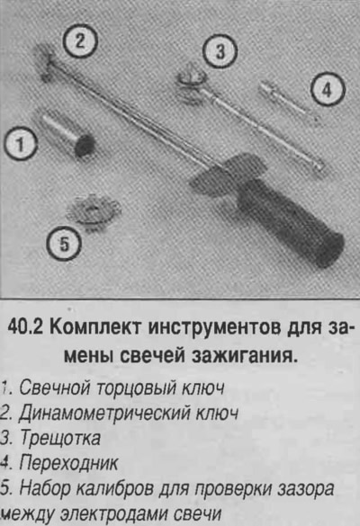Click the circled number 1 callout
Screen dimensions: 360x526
[x=21, y=144]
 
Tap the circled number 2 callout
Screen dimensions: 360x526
[x=80, y=41]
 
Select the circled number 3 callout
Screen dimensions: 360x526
[x=220, y=51]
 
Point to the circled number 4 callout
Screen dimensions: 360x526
[x=328, y=90]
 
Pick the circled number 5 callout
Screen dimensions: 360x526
[x=64, y=243]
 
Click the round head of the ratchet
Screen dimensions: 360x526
[x=190, y=83]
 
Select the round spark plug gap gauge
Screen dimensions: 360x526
[x=93, y=211]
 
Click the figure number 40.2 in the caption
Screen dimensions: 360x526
[x=25, y=326]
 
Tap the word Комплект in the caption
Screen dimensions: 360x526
[x=94, y=326]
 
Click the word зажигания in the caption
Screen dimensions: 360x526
[x=245, y=355]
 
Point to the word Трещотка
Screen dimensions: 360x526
[x=60, y=438]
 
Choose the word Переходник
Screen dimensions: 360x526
[x=68, y=463]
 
